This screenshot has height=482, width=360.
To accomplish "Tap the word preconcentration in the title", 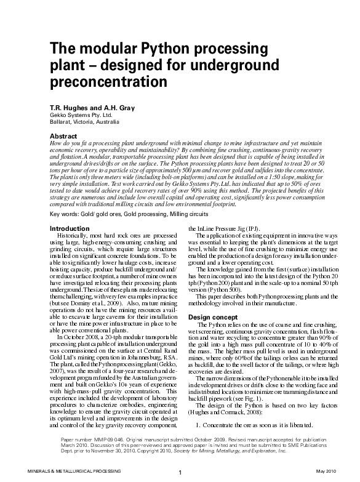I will [108, 80].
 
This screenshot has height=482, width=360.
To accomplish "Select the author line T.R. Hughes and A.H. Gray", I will [90, 106].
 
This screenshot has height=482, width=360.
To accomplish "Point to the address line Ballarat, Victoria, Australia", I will [89, 122].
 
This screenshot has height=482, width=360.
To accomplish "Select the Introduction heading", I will [68, 228].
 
